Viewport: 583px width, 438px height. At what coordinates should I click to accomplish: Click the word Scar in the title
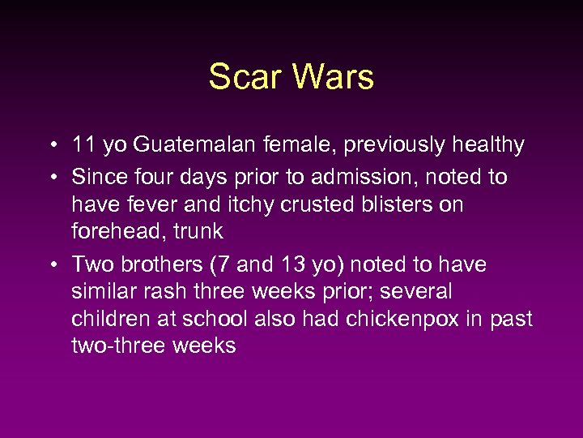click(x=244, y=78)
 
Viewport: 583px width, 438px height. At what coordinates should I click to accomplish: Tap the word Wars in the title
click(x=334, y=78)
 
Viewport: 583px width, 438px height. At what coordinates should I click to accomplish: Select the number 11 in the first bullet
click(x=83, y=146)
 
